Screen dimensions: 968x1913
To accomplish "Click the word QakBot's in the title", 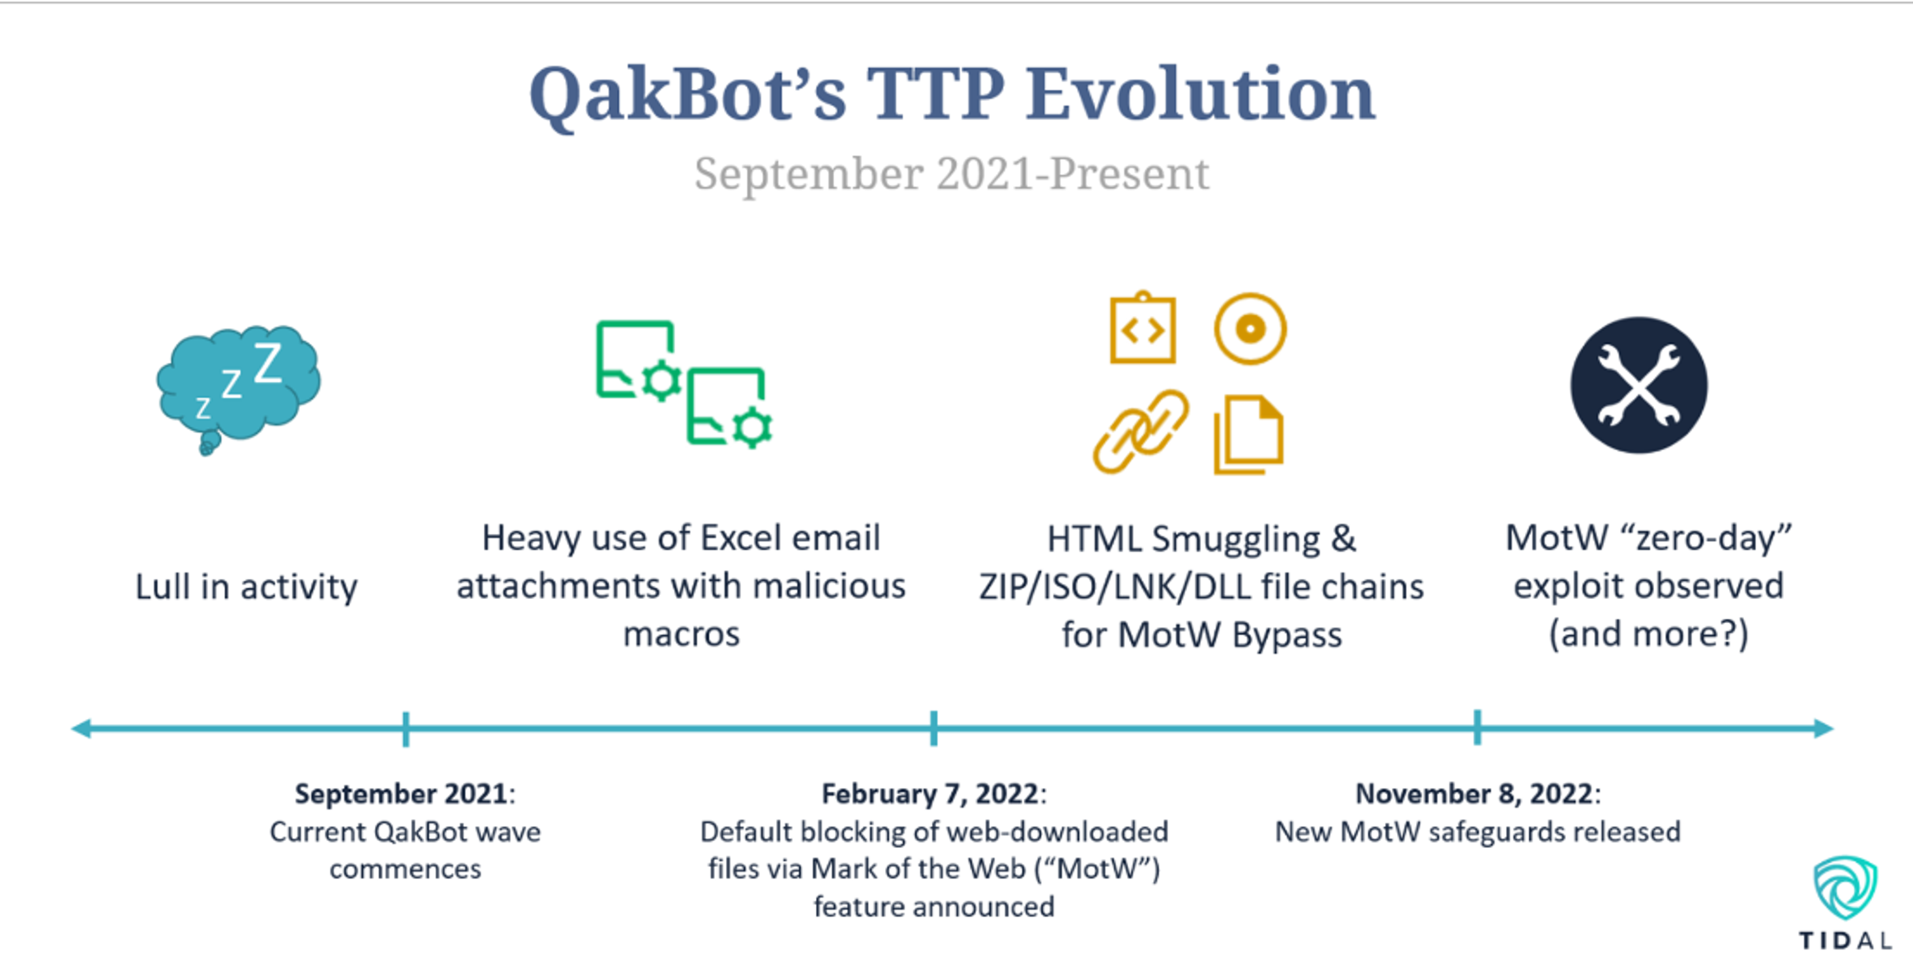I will [687, 95].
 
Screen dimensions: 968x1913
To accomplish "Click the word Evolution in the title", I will [1200, 95].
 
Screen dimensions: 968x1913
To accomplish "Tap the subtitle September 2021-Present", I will [952, 173].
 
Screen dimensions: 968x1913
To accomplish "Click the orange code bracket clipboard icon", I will [1143, 328].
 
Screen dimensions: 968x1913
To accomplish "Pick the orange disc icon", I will [1250, 328].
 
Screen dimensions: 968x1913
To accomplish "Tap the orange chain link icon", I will [1141, 432].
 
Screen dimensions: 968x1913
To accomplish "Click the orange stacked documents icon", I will [1248, 435].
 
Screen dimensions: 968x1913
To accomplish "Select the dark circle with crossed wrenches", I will [1638, 385].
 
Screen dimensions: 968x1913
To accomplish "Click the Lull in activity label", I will [246, 587].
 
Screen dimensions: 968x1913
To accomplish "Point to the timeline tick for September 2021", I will [406, 729].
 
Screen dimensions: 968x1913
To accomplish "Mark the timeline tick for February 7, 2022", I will [933, 728].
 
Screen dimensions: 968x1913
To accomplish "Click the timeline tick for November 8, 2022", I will [1477, 727].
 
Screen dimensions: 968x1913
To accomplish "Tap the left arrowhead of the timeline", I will [82, 728].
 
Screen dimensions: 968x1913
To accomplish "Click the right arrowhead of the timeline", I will [1823, 728].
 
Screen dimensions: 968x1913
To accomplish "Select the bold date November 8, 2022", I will [1473, 793].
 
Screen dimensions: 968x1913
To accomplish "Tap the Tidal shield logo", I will [1845, 888].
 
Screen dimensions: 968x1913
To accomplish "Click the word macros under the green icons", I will [681, 634].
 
